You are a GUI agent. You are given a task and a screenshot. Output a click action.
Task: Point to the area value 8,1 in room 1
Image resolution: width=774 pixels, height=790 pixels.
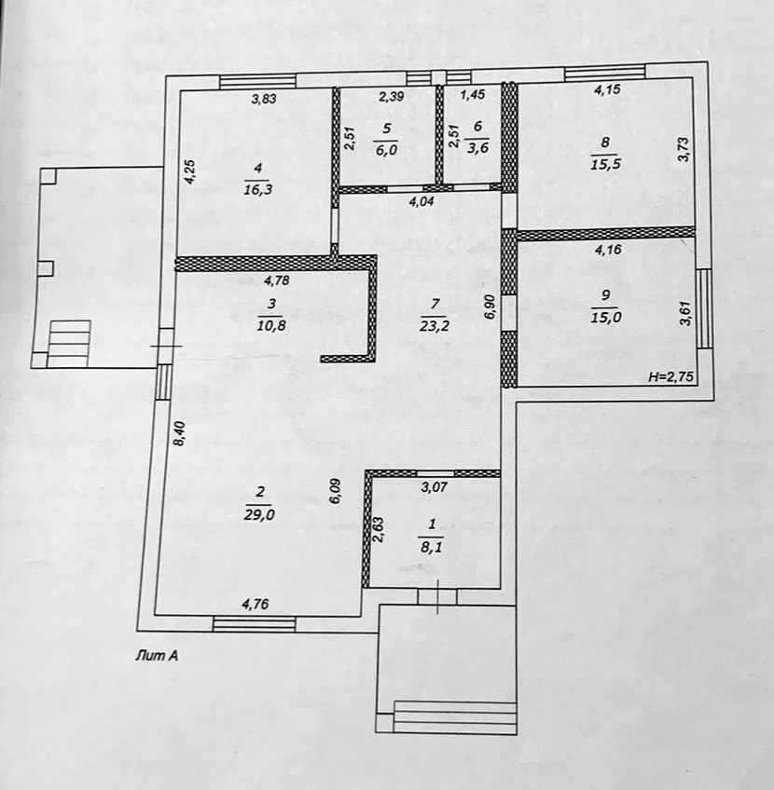pos(430,548)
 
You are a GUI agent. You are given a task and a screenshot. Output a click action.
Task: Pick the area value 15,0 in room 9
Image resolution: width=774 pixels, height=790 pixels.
pos(606,317)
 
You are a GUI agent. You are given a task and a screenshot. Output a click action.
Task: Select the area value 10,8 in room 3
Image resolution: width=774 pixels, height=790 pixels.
pos(271,325)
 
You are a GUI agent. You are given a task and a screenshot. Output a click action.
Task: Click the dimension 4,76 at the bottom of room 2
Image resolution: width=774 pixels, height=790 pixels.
pos(256,604)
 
